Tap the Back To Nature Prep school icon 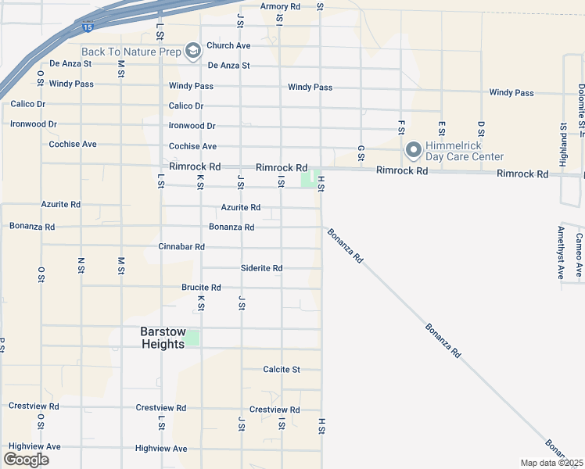tap(192, 52)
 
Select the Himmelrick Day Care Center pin tap(414, 149)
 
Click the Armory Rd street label tap(280, 6)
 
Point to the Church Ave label tap(228, 46)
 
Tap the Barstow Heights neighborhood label tap(163, 338)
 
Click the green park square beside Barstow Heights tap(192, 338)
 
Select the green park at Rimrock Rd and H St tap(310, 179)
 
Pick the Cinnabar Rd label tap(181, 247)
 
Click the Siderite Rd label tap(261, 268)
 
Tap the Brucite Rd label tap(201, 288)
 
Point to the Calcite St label tap(282, 369)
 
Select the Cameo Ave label tap(579, 255)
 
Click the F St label tap(401, 127)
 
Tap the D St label tap(481, 128)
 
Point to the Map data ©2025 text tap(552, 463)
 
